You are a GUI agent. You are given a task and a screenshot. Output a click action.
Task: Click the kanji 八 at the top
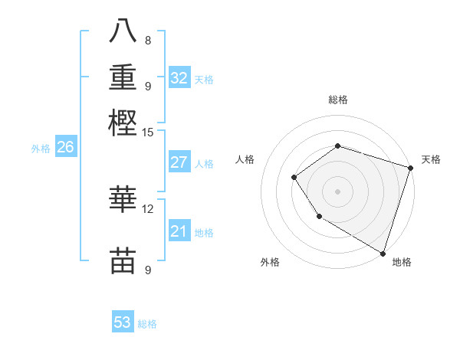point(123,32)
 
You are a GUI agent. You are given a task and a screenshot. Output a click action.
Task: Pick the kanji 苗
point(123,260)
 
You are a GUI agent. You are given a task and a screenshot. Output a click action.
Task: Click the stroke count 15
point(148,132)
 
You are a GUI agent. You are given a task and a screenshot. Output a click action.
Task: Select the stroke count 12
point(148,208)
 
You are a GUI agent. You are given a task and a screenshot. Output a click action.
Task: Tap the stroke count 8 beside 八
point(148,40)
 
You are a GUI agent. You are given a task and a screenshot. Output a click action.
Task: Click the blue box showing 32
point(179,78)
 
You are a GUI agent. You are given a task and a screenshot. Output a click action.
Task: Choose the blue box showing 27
point(179,162)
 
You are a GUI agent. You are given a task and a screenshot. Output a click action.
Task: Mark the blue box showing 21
point(179,231)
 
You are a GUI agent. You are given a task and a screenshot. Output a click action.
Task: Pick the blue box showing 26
point(65,148)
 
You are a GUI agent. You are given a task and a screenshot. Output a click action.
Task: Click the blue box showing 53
point(123,322)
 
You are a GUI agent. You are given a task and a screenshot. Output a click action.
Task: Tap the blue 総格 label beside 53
point(148,324)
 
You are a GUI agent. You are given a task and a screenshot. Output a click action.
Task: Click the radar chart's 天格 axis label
point(431,159)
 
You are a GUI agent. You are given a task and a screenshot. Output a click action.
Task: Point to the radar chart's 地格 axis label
point(401,262)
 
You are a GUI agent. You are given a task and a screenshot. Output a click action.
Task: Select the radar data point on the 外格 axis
point(319,217)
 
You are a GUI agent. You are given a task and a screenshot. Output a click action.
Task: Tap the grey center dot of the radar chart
point(337,191)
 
